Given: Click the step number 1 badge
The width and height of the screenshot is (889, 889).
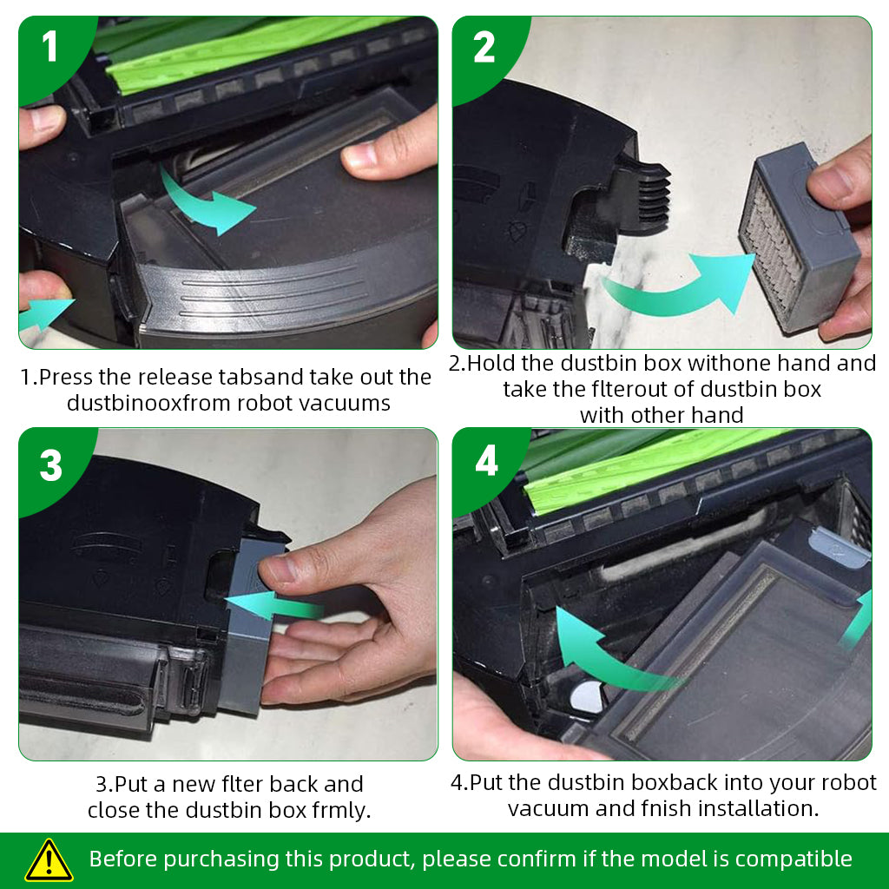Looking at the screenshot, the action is point(49,47).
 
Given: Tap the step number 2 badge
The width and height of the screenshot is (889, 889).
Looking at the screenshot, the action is point(484,47).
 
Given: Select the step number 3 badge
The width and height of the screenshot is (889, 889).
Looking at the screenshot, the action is point(50,465).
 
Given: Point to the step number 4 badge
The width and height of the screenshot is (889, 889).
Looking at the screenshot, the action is point(486,460).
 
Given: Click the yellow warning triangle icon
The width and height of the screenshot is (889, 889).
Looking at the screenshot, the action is point(49,860).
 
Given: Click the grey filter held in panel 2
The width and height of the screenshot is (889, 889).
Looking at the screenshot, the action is point(800,238).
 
